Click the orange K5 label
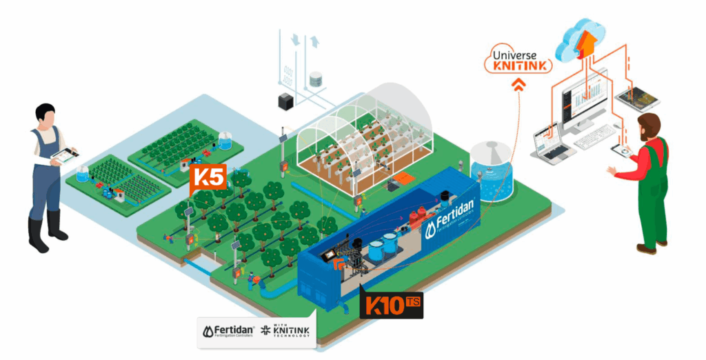point(208,177)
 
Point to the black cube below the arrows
point(285,101)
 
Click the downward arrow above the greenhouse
point(295,41)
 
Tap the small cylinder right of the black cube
point(316,79)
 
